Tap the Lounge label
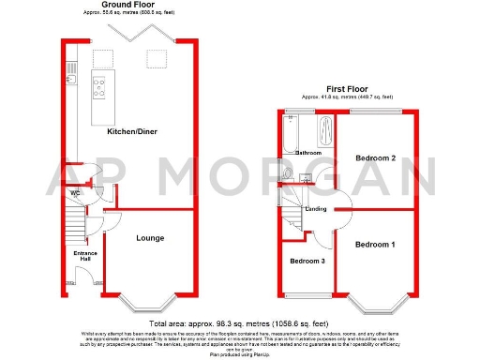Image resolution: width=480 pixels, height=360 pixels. point(150,238)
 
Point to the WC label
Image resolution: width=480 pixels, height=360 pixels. point(76,194)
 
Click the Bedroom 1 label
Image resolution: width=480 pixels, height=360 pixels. point(375,244)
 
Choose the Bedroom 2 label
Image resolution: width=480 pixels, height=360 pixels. point(375,159)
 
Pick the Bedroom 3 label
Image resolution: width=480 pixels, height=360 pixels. point(307,261)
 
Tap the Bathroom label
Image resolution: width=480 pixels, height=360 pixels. point(308,152)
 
